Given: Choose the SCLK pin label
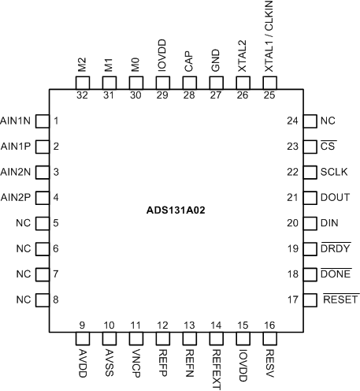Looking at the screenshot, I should (x=334, y=172).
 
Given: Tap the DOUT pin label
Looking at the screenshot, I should (x=335, y=197).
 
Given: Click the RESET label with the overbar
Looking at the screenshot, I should (x=340, y=300).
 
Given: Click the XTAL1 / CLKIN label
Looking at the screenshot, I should (x=269, y=37).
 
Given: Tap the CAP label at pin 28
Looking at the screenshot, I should (x=189, y=62).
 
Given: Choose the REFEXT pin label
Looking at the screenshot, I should (x=215, y=364).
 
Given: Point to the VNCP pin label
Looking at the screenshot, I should (x=136, y=359).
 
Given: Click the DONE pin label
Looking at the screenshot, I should (x=336, y=274).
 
